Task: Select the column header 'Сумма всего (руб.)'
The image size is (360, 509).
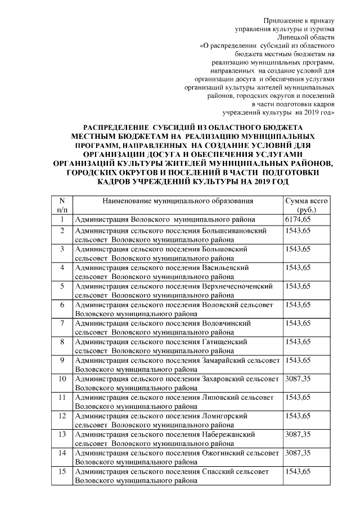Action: point(307,205)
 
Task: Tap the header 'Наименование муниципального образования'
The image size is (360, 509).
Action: point(178,201)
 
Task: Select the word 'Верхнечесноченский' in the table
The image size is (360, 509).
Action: point(237,286)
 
